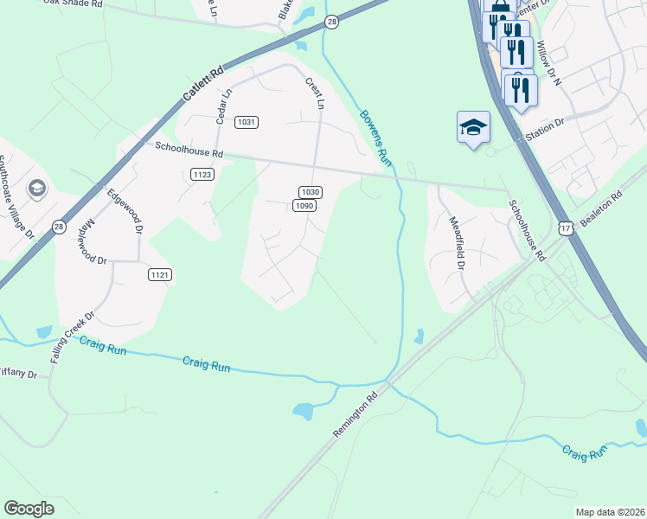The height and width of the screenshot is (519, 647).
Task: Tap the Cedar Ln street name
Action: click(x=223, y=106)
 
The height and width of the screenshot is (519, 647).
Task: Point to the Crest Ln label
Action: click(x=314, y=93)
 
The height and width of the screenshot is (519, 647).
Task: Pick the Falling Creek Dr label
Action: click(x=71, y=337)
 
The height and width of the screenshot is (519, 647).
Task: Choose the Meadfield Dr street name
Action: click(x=458, y=239)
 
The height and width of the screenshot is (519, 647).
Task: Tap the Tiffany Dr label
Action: click(x=19, y=374)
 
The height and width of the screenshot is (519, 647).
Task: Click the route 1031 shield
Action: click(x=247, y=122)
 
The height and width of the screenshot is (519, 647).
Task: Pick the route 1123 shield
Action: click(x=202, y=175)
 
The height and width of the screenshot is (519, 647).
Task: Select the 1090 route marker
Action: click(x=303, y=206)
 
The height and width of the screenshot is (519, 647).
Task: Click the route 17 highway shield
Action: click(x=566, y=227)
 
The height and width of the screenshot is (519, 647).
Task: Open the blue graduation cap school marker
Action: click(x=473, y=128)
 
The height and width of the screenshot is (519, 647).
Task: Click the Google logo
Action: click(x=29, y=509)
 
